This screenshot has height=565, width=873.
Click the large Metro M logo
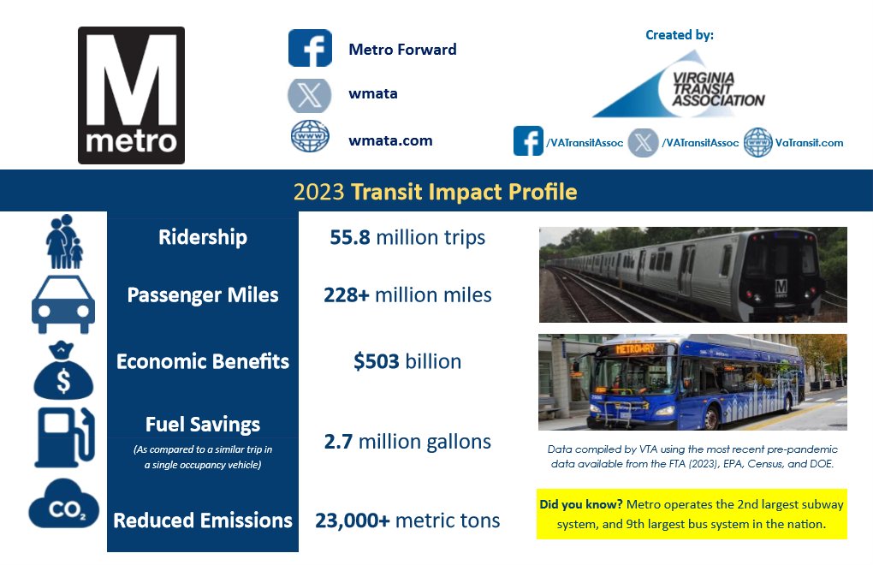tap(131, 95)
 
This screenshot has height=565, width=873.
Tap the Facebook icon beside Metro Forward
tap(309, 48)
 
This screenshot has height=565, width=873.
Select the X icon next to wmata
tap(309, 93)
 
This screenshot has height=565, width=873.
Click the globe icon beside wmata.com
tap(309, 138)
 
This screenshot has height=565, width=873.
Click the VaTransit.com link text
tap(809, 143)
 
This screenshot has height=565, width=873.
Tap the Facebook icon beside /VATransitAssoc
tap(528, 141)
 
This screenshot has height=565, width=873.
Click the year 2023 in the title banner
tap(319, 192)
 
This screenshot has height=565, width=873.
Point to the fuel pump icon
tap(62, 437)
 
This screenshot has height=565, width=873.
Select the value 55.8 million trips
tap(407, 237)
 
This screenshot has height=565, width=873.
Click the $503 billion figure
tap(407, 361)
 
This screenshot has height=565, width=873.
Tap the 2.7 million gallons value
tap(407, 442)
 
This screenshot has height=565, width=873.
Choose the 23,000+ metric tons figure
tap(407, 520)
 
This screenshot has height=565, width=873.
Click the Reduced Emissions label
tap(202, 520)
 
